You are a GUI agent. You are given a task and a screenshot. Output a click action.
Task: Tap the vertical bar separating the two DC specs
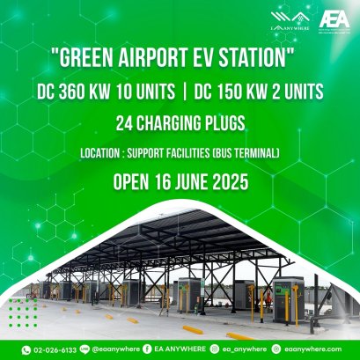(x=180, y=92)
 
